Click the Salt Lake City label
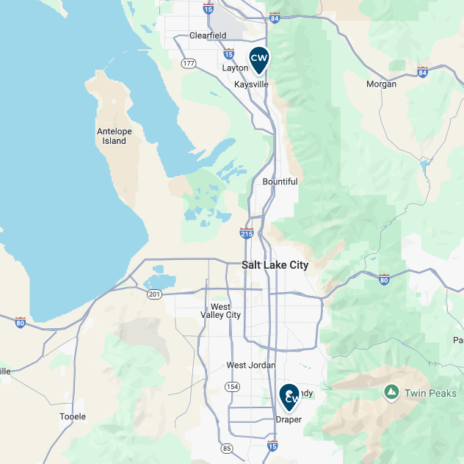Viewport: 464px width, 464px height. coord(275,265)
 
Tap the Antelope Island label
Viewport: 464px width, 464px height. coord(115,136)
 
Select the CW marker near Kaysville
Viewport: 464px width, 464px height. coord(258,59)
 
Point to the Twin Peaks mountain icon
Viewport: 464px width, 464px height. coord(391,393)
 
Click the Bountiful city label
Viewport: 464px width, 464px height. coord(280,181)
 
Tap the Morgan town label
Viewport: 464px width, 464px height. coord(382,84)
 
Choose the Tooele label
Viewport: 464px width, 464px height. coord(73,416)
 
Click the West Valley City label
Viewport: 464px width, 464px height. coord(220,311)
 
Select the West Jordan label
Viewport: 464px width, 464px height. coord(251,365)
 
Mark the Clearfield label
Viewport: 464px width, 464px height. coord(208,35)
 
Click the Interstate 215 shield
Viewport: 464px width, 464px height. coord(247,233)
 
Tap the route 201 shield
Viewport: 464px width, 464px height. coord(154,294)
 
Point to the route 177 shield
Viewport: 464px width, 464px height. coord(189,63)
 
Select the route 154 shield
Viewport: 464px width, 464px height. coord(233,386)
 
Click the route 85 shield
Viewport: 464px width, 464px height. coord(226,448)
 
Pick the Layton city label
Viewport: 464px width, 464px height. coord(235,68)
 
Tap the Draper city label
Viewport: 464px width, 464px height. coord(289,419)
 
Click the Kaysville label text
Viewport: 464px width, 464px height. coord(251,84)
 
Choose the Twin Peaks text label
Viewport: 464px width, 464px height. coord(431,394)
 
